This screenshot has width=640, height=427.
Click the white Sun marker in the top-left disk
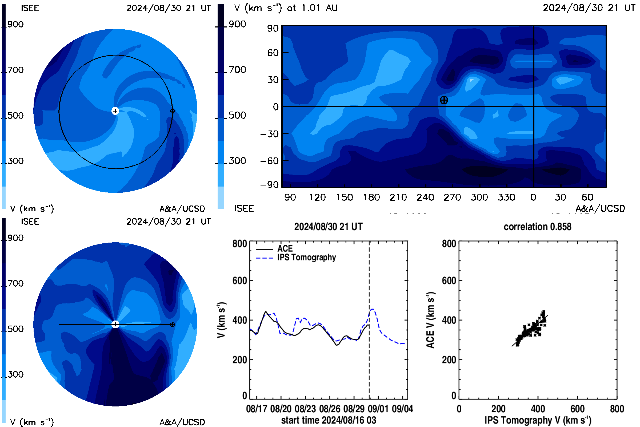[115, 111]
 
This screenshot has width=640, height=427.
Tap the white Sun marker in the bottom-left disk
[115, 324]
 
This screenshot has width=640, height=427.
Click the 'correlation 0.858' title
[537, 227]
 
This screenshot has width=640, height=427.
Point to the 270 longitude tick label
[452, 197]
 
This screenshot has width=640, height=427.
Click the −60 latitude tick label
[269, 161]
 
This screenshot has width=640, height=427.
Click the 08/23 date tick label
[305, 409]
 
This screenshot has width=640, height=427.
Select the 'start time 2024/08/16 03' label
[329, 420]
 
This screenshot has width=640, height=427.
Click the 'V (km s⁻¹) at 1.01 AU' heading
[286, 8]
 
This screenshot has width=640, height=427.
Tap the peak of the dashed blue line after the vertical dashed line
[372, 309]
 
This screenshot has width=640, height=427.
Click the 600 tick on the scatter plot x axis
[577, 409]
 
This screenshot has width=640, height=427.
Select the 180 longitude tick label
[371, 197]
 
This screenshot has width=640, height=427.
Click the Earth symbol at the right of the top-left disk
[172, 111]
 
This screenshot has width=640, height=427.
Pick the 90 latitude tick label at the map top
[273, 28]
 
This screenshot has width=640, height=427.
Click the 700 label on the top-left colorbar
[15, 70]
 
